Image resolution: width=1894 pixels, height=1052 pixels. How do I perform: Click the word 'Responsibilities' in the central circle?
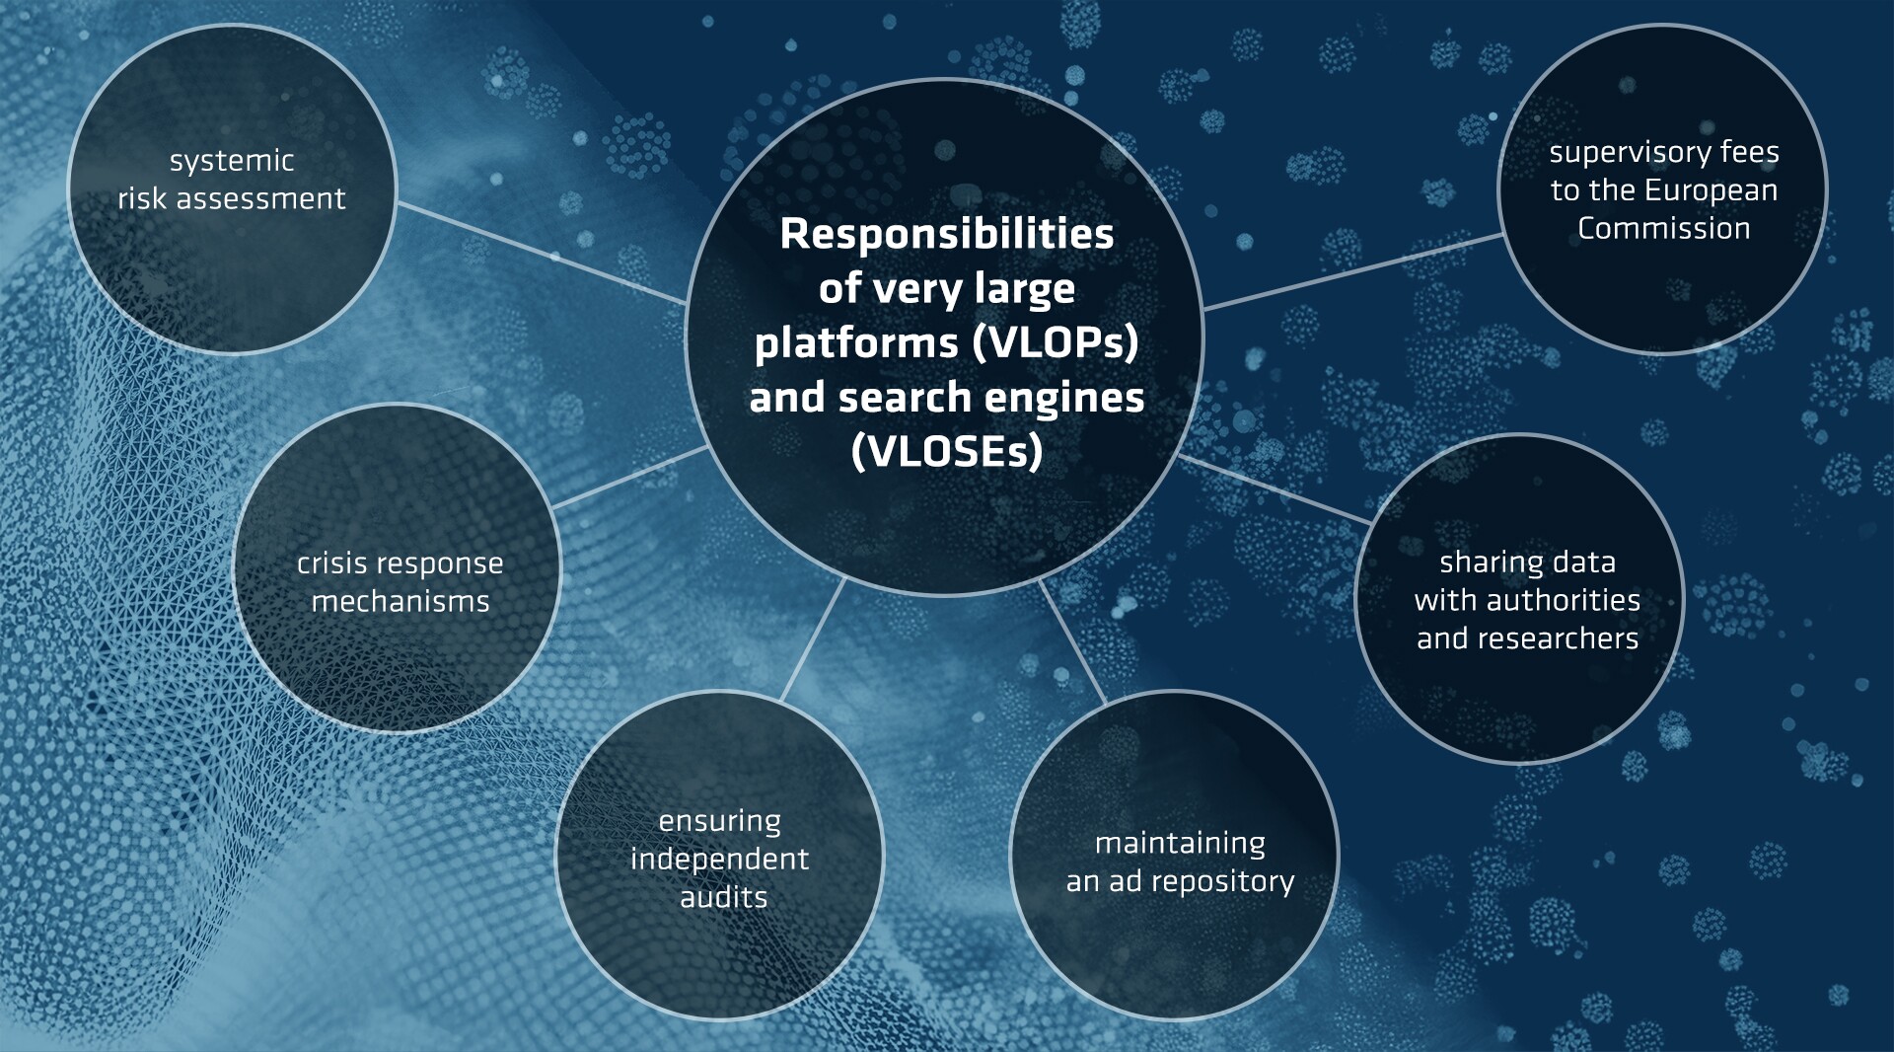point(947,234)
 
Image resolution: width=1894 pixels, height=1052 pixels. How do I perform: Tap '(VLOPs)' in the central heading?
point(1056,342)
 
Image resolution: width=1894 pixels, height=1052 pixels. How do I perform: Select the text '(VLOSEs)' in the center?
point(947,451)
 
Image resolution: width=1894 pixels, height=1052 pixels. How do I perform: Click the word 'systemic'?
point(232,161)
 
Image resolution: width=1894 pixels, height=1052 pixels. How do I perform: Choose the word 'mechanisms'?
point(401,601)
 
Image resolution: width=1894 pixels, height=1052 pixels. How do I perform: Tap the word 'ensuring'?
point(720,821)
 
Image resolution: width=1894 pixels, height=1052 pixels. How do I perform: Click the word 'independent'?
point(720,859)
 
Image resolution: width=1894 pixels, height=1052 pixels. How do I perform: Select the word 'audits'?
point(723,897)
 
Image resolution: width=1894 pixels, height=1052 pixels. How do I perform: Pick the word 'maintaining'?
point(1180,844)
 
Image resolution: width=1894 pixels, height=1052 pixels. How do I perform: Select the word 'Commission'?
point(1664,228)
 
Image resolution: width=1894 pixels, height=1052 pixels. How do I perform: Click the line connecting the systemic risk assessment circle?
point(542,253)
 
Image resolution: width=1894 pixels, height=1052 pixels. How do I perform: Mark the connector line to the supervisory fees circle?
point(1352,271)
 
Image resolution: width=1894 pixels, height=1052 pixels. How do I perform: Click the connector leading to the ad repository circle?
point(1072,641)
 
